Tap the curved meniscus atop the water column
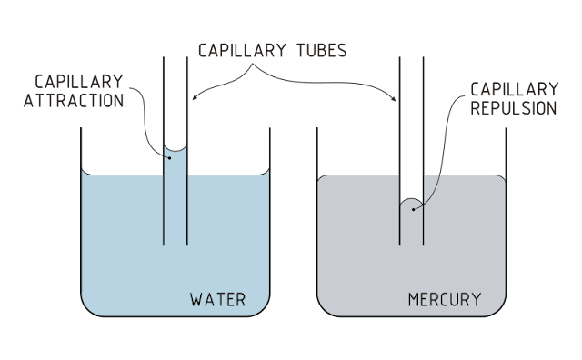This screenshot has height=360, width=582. pyautogui.click(x=175, y=148)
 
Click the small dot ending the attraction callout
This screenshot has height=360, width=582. pyautogui.click(x=170, y=157)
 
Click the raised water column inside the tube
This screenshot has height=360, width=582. pyautogui.click(x=175, y=195)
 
